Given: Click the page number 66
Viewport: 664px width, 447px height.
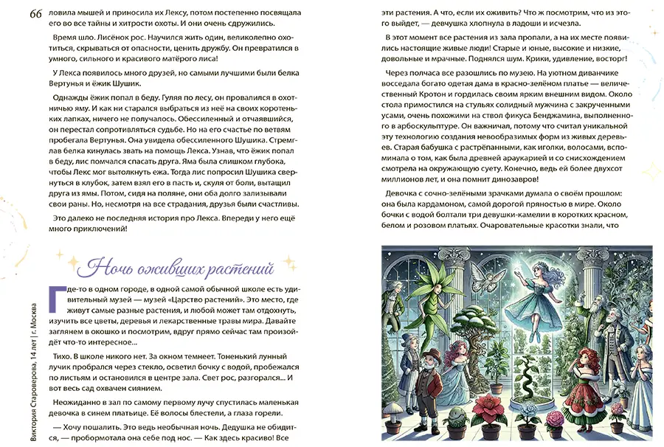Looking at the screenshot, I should click(x=35, y=15).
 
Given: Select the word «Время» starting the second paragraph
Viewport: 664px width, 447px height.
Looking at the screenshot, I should click(x=68, y=35).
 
